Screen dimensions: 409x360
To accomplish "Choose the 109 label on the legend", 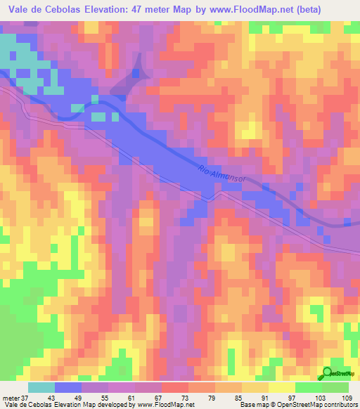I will (x=347, y=397).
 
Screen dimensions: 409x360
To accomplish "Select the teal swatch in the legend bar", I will (x=41, y=387).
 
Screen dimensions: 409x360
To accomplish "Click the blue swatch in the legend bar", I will (x=68, y=387).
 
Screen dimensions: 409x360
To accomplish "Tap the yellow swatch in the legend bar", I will (x=281, y=387).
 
